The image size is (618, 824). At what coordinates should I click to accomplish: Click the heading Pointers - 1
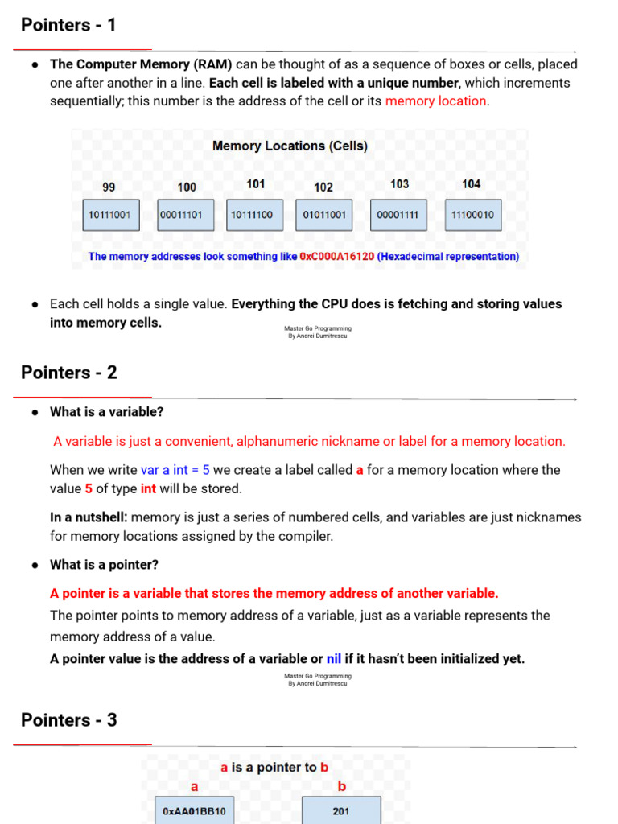point(68,25)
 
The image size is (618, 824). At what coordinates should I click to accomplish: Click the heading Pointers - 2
point(69,373)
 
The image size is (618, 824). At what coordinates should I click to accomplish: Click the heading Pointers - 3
point(69,720)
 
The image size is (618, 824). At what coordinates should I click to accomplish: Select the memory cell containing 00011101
point(186,215)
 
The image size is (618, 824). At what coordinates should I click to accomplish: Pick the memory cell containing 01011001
point(323,215)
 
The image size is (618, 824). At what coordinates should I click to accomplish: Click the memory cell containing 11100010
point(472,215)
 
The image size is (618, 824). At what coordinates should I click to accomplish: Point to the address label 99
point(109,187)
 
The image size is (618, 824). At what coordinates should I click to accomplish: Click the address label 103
point(399,184)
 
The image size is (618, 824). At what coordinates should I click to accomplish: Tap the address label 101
point(256,184)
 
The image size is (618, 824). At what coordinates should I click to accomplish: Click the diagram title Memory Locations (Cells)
point(290,146)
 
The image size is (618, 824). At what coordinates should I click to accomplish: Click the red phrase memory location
point(436,101)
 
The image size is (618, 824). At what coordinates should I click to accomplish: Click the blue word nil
point(334,659)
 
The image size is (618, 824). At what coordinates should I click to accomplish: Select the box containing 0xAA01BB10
point(194,811)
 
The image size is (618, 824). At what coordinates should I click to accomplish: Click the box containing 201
point(340,811)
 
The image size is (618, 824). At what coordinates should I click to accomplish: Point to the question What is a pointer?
point(104,565)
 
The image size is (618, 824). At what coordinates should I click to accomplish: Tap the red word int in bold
point(148,489)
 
